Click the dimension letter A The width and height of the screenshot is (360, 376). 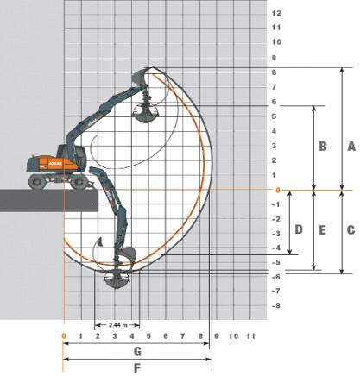[351, 147]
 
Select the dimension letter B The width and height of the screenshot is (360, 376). [323, 147]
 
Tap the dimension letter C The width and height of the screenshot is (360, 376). [351, 230]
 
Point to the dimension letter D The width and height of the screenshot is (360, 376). [299, 229]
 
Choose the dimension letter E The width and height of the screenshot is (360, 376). [322, 230]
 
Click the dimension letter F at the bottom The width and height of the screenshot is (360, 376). [137, 368]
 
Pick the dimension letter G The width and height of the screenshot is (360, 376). [137, 351]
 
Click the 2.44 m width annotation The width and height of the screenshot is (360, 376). [118, 325]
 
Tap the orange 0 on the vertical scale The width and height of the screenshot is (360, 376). [278, 190]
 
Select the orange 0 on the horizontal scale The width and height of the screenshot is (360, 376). [64, 336]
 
